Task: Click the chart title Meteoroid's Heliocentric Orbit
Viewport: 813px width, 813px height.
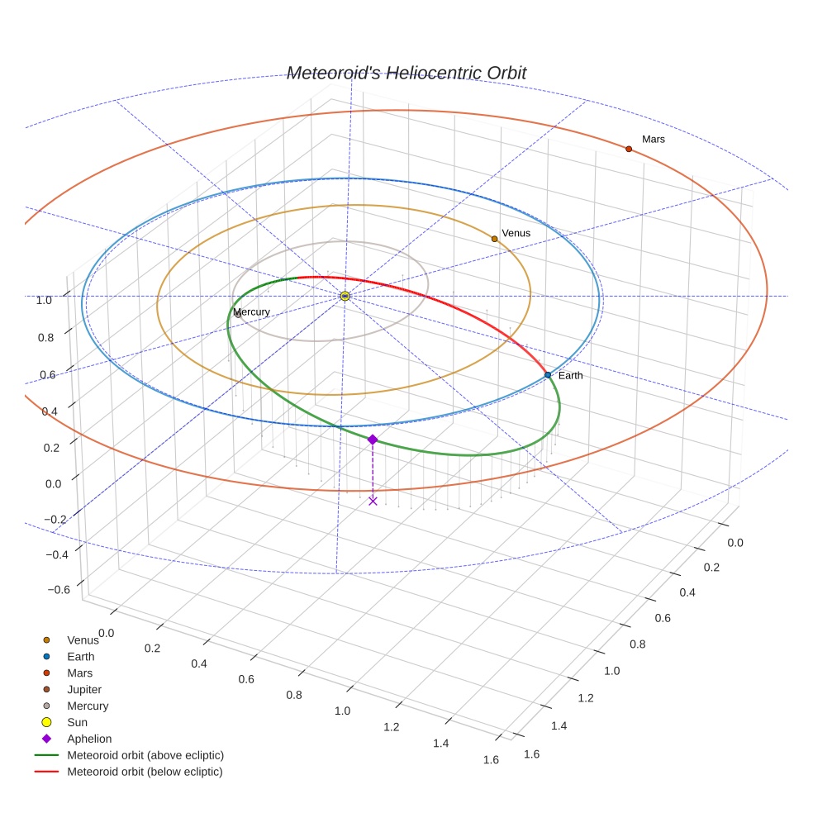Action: click(x=406, y=74)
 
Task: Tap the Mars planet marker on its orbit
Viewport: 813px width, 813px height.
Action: click(x=629, y=149)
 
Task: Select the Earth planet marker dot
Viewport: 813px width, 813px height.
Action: click(x=548, y=375)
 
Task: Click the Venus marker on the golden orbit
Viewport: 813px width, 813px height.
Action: click(x=495, y=239)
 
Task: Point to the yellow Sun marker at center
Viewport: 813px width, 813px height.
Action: click(x=345, y=296)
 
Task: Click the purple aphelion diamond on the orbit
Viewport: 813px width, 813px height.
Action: click(x=373, y=440)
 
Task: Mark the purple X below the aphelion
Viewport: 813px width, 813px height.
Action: click(x=373, y=501)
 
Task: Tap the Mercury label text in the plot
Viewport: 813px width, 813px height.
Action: click(x=251, y=312)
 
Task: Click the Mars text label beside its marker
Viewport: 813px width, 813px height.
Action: click(x=654, y=140)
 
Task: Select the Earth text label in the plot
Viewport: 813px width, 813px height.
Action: click(x=570, y=376)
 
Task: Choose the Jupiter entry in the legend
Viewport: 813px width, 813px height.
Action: click(x=84, y=689)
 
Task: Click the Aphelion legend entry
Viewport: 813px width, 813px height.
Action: click(x=89, y=739)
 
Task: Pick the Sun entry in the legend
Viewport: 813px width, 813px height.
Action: click(x=78, y=722)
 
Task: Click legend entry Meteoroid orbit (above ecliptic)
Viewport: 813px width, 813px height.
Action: click(x=145, y=755)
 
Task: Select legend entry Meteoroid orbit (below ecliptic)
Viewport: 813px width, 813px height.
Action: click(x=145, y=772)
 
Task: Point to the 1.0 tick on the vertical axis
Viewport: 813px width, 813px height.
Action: click(x=44, y=300)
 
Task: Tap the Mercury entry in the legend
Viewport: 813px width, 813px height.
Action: click(x=88, y=706)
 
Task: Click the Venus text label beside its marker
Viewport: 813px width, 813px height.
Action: click(x=516, y=233)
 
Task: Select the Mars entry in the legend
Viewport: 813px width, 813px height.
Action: click(x=80, y=673)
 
